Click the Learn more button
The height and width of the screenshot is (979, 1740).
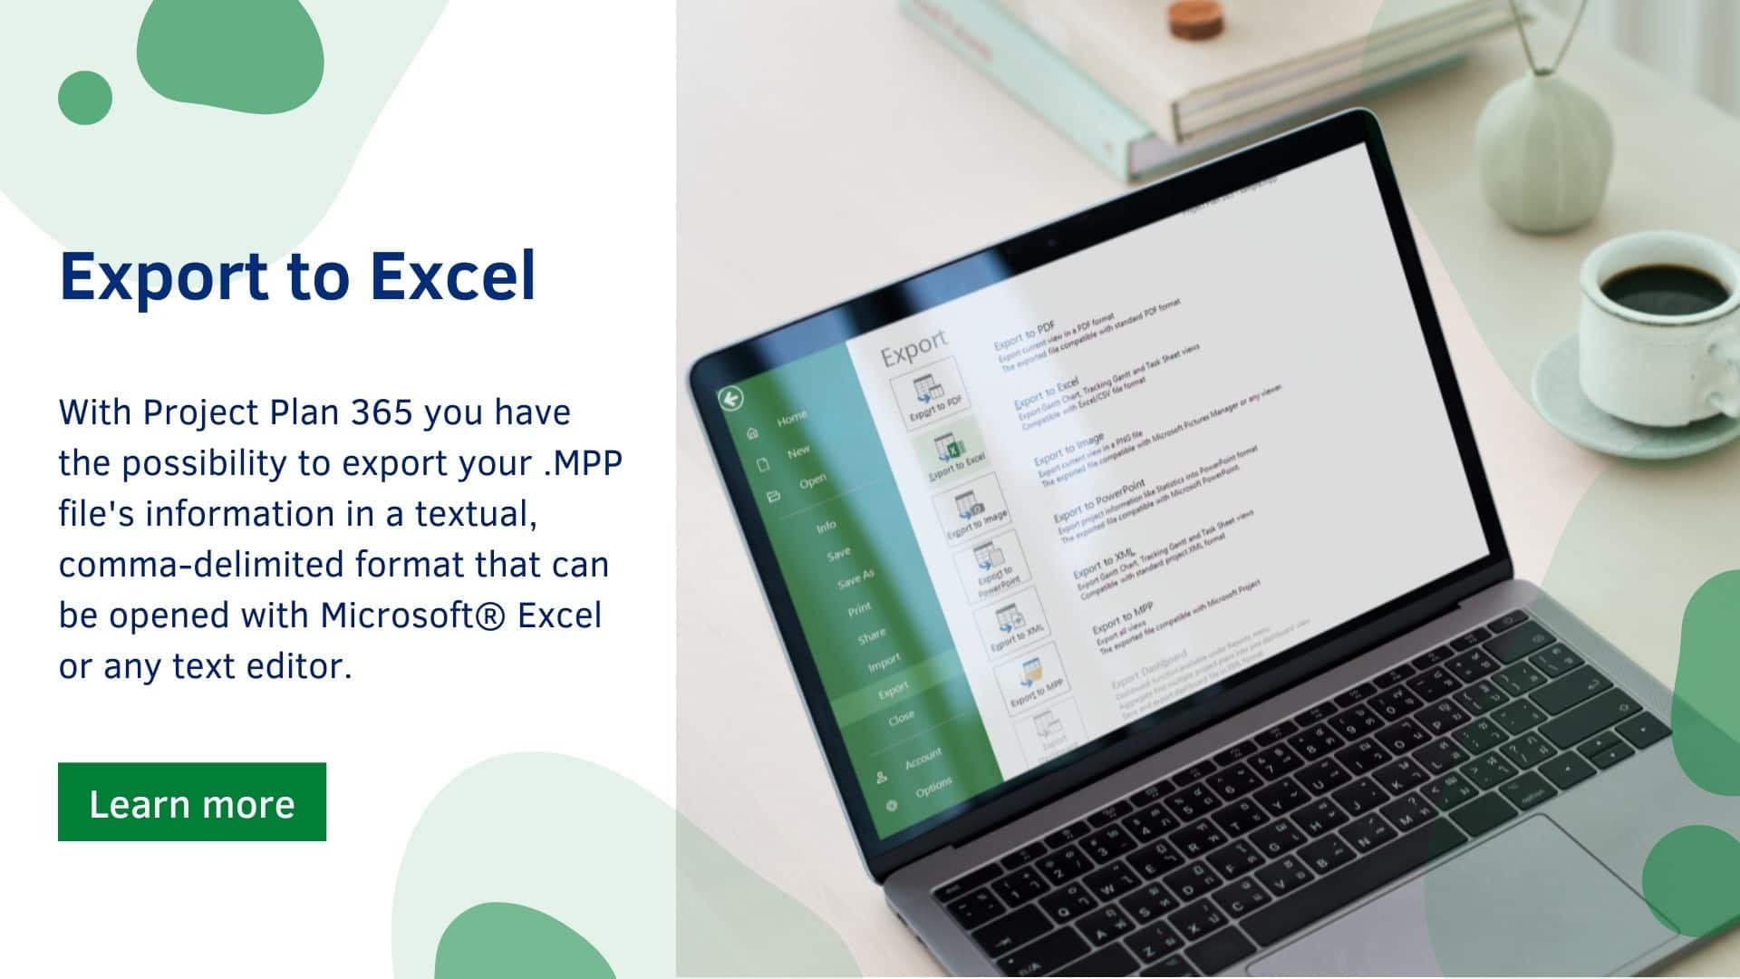click(x=191, y=802)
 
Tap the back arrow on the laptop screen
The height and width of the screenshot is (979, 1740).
click(x=730, y=399)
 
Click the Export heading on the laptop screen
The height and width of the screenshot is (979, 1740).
click(x=914, y=348)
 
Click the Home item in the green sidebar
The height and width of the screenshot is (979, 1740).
click(x=791, y=418)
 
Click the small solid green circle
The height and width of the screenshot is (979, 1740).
click(x=84, y=98)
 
